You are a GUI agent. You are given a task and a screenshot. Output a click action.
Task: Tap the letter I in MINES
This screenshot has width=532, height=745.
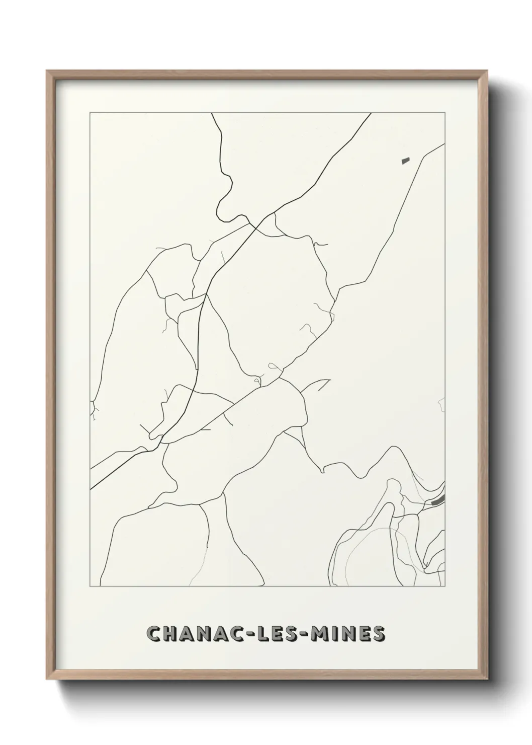click(x=336, y=634)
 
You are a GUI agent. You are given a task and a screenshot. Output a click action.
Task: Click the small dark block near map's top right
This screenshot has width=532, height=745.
click(x=406, y=161)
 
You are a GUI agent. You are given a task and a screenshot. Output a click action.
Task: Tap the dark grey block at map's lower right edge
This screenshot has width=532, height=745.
click(x=438, y=500)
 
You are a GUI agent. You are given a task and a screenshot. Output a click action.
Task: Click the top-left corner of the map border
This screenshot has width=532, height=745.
click(x=90, y=113)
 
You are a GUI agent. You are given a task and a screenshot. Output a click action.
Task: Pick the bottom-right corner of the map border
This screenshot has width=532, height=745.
click(x=445, y=586)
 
